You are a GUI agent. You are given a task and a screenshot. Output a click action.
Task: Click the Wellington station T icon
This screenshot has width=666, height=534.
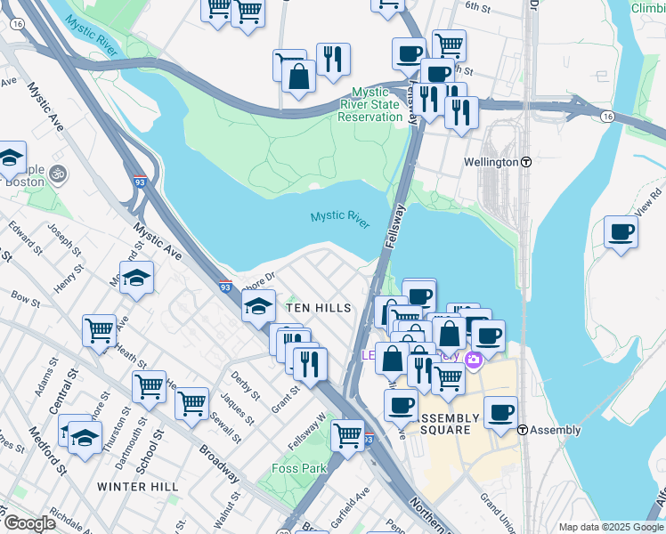click(526, 163)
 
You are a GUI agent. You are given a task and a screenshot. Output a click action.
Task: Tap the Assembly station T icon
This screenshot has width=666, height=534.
click(524, 430)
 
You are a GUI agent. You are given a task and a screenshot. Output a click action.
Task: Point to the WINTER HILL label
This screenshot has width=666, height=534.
click(137, 487)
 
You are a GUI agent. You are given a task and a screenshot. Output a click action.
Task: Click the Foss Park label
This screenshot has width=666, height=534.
click(300, 468)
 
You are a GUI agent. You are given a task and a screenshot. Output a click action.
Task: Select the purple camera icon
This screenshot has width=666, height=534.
click(473, 358)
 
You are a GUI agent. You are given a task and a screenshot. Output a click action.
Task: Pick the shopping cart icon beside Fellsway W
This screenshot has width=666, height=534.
click(347, 435)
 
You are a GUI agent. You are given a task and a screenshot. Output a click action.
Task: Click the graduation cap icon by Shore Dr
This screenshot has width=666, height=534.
click(258, 307)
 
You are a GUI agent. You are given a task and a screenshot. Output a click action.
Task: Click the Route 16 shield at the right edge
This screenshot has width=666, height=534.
click(607, 117)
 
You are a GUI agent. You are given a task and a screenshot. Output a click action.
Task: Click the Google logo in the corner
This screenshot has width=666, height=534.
click(28, 523)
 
